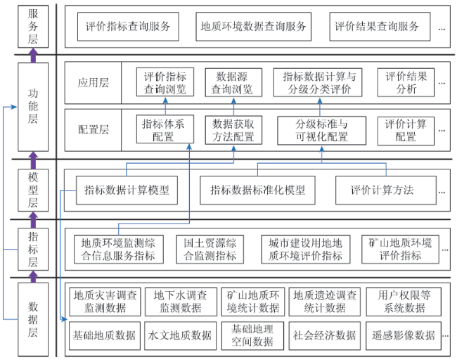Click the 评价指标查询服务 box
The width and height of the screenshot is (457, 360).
(x=128, y=27)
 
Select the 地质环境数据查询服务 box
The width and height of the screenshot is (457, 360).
(x=253, y=27)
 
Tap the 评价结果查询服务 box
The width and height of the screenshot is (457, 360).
(x=380, y=27)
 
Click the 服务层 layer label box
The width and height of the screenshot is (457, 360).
(x=33, y=26)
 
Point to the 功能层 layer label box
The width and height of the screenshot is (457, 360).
(x=33, y=107)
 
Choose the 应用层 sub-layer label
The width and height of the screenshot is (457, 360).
(x=93, y=83)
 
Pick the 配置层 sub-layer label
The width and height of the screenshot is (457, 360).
(x=93, y=130)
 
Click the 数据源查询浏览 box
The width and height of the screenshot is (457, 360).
(x=233, y=82)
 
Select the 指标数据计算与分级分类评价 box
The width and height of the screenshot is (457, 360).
(x=318, y=82)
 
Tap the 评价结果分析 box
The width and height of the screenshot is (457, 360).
(x=406, y=82)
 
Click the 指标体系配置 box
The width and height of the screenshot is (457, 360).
(x=165, y=129)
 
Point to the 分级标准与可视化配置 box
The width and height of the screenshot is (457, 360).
(x=321, y=131)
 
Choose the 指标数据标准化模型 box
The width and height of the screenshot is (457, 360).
(x=257, y=190)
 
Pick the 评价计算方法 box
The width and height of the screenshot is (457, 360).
(x=386, y=190)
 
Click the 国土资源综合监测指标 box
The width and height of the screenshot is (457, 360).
(x=210, y=250)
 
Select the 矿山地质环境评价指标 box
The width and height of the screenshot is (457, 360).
(x=400, y=250)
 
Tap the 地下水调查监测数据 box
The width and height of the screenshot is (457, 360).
(x=181, y=302)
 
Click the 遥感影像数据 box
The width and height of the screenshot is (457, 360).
(x=404, y=336)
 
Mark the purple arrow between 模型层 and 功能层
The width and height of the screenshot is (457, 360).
(x=33, y=160)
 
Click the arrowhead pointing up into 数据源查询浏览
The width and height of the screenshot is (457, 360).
(x=233, y=101)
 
